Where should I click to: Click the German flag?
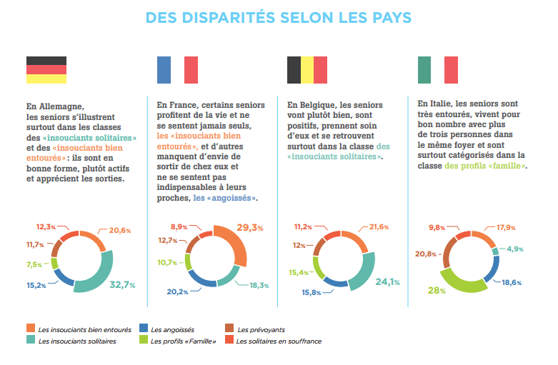coord(46,70)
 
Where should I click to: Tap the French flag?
coord(177,70)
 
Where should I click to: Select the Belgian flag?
coord(307,70)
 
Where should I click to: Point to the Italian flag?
coord(437,70)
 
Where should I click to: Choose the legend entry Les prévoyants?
coord(262,329)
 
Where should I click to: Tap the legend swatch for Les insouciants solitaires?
coord(31,341)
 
